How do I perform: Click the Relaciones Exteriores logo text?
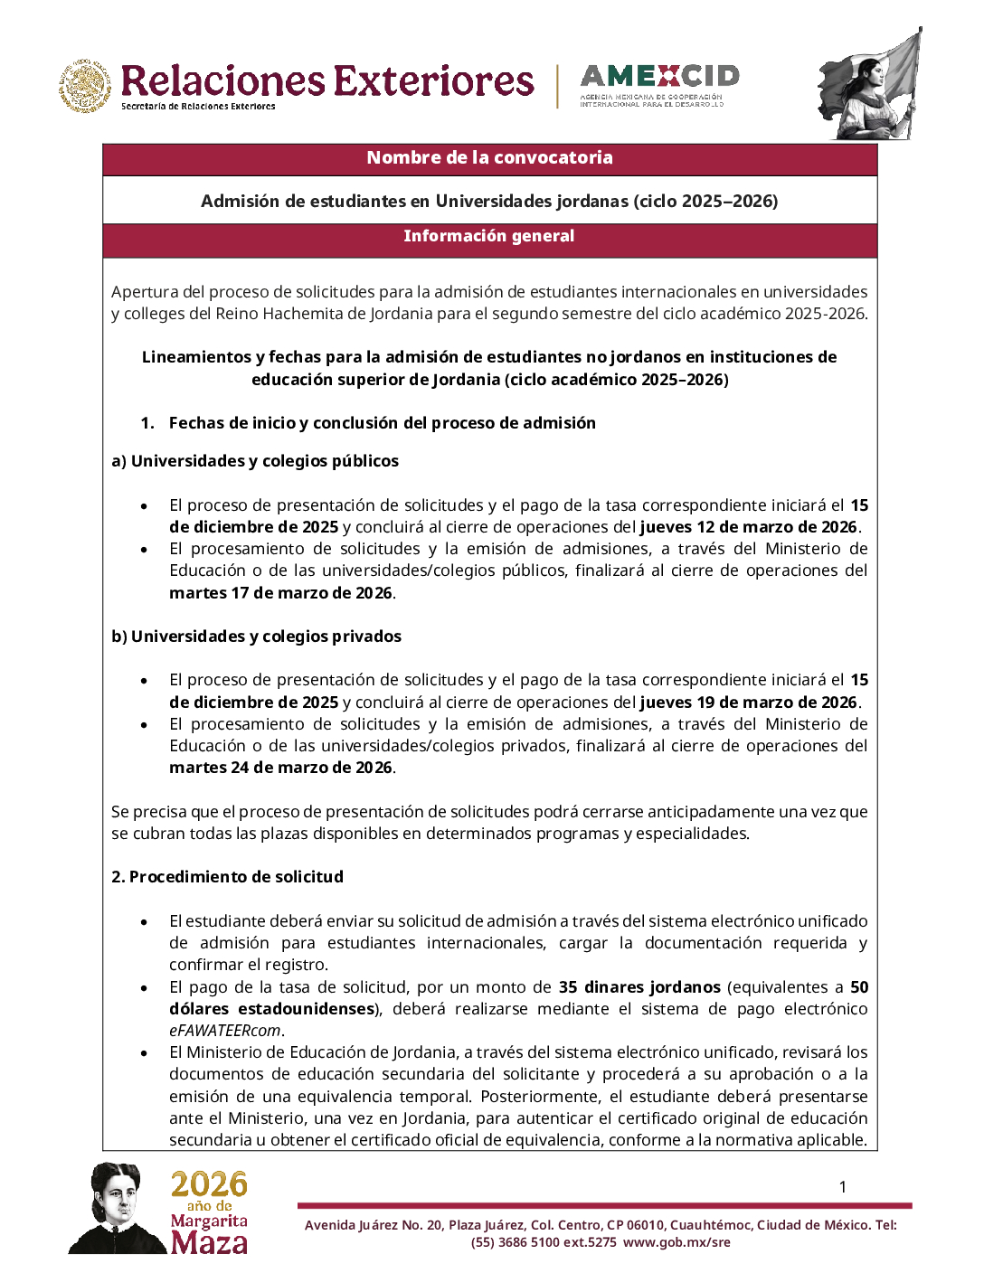(326, 81)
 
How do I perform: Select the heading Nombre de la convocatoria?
(489, 158)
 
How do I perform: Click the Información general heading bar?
(489, 237)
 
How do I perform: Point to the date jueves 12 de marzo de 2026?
(749, 527)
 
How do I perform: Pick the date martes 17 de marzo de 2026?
(280, 593)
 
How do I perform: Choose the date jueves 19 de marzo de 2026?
(749, 703)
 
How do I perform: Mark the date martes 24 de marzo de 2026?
(280, 768)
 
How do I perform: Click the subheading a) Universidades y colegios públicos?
(255, 461)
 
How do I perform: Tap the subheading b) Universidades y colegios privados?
(256, 636)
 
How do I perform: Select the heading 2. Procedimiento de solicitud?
(227, 877)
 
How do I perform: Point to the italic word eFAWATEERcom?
(225, 1031)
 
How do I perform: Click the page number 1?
(843, 1187)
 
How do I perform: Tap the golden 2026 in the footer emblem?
(209, 1184)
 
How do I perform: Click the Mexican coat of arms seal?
(86, 87)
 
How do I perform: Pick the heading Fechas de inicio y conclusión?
(382, 423)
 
